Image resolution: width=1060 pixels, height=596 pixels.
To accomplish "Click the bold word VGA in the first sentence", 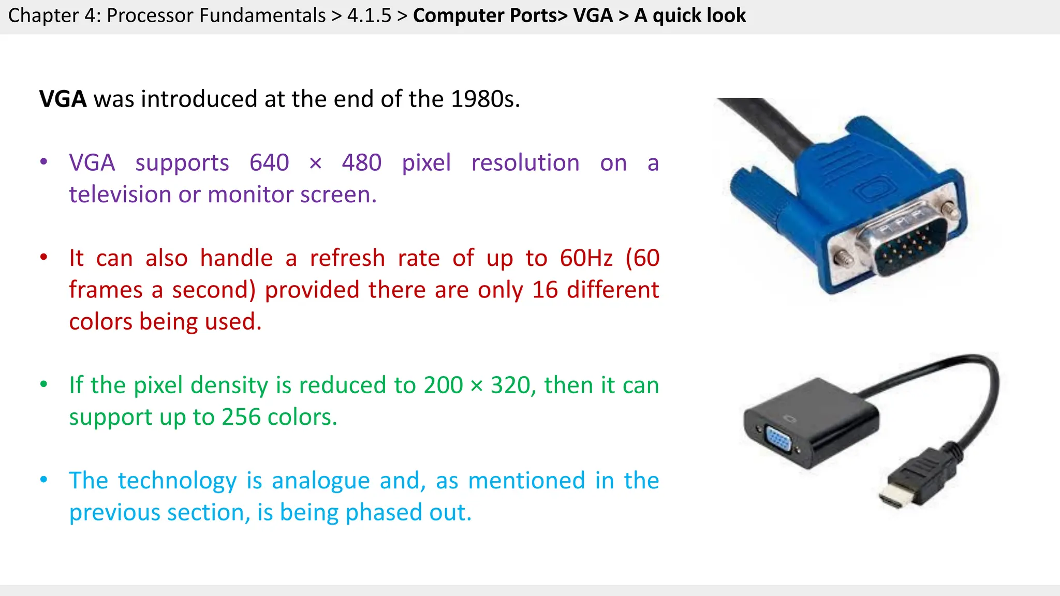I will point(63,99).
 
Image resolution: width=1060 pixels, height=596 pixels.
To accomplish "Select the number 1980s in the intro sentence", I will point(484,99).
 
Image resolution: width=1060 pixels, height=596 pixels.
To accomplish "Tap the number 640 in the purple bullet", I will point(269,163).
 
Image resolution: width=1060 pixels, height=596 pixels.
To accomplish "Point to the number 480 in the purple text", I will point(362,163).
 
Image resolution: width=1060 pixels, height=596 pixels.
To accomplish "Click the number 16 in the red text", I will point(545,290).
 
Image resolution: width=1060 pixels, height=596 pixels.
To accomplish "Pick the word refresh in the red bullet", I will point(347,258).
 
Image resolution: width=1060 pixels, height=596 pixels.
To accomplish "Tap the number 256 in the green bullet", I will point(241,417).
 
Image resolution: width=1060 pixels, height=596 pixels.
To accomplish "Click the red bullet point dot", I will point(44,257).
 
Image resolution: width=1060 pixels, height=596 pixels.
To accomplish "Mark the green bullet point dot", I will point(44,384).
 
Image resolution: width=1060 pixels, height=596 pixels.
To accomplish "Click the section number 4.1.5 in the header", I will point(369,16).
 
